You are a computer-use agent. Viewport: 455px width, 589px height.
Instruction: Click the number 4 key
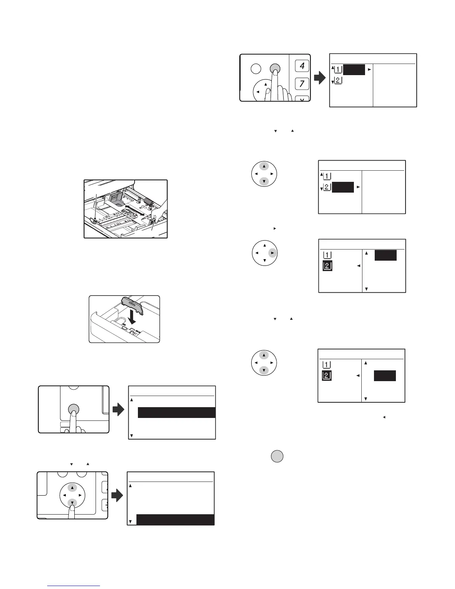tap(302, 66)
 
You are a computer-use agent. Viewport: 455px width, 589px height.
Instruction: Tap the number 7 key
tap(302, 84)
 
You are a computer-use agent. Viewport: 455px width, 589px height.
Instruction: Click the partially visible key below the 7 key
tap(302, 99)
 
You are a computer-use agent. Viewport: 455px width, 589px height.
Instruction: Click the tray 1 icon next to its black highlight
tap(338, 70)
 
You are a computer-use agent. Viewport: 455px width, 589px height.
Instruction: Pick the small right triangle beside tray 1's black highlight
tap(369, 70)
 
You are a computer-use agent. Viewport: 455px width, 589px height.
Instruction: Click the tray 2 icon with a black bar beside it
tap(326, 187)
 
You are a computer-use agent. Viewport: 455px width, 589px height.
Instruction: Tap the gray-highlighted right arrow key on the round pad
tap(273, 253)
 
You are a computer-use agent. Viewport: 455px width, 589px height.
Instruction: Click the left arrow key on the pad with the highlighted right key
tap(256, 253)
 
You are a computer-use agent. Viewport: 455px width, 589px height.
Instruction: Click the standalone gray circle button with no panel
tap(277, 456)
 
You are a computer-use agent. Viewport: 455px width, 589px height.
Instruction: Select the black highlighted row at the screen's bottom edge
tap(175, 520)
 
